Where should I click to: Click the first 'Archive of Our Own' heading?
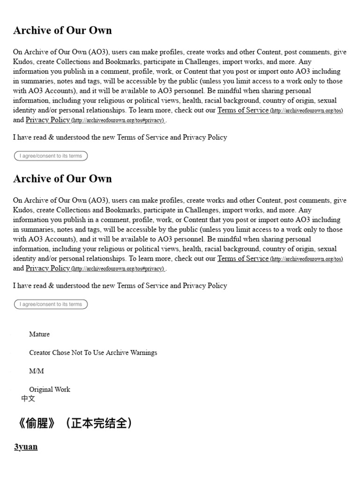click(62, 30)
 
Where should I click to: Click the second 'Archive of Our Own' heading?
click(62, 179)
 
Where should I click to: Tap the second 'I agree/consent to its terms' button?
click(51, 304)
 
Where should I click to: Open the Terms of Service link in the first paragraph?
click(243, 110)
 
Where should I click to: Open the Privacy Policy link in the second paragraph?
click(48, 268)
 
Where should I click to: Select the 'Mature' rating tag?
click(39, 334)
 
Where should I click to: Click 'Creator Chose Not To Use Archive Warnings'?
click(93, 352)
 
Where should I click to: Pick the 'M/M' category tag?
click(37, 371)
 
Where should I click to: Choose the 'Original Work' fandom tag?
click(50, 389)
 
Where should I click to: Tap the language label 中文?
click(28, 398)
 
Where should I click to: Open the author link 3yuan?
click(26, 447)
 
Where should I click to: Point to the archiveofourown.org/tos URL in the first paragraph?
click(307, 111)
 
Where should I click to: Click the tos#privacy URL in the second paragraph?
click(118, 269)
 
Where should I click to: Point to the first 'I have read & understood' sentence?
click(120, 137)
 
